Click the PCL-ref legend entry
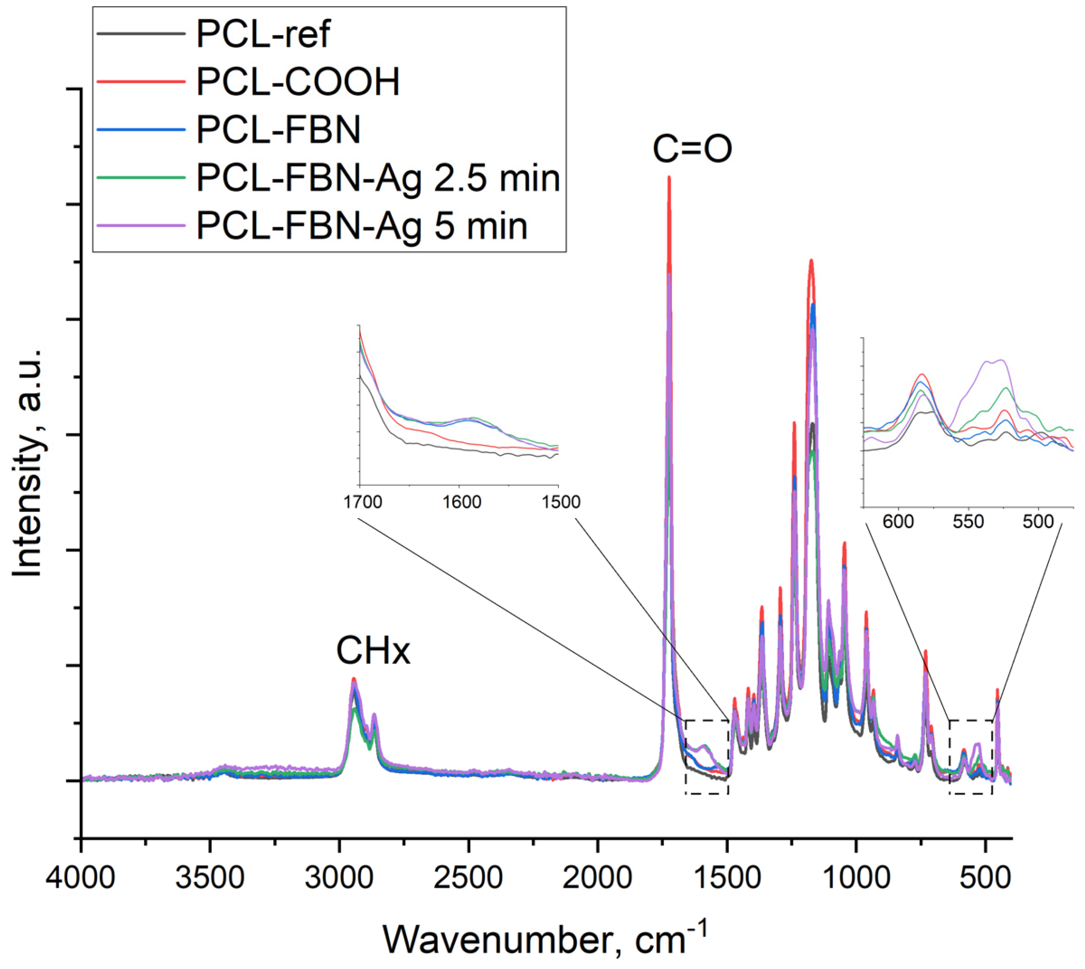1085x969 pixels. [x=263, y=34]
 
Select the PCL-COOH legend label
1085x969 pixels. [x=298, y=82]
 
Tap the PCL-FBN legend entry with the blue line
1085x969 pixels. [x=278, y=130]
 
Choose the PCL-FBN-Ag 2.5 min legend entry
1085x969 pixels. [x=378, y=178]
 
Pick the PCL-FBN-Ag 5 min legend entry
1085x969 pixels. [x=362, y=226]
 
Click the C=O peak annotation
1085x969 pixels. [x=692, y=150]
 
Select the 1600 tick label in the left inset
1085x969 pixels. [x=461, y=502]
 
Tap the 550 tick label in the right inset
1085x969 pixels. [x=968, y=521]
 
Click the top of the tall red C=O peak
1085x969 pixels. [x=669, y=178]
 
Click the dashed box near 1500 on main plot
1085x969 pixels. [x=707, y=756]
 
